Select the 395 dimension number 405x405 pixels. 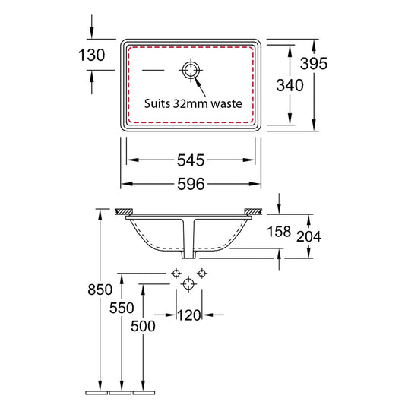click(312, 64)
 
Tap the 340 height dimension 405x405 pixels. click(290, 85)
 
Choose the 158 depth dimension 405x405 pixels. click(278, 231)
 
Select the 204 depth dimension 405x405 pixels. click(309, 236)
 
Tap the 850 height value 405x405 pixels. click(100, 290)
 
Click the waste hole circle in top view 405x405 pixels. click(190, 71)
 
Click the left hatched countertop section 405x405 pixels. click(124, 210)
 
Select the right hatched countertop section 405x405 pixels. click(252, 210)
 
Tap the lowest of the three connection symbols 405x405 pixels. click(188, 284)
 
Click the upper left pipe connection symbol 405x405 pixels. click(176, 272)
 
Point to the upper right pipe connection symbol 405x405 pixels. click(201, 272)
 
